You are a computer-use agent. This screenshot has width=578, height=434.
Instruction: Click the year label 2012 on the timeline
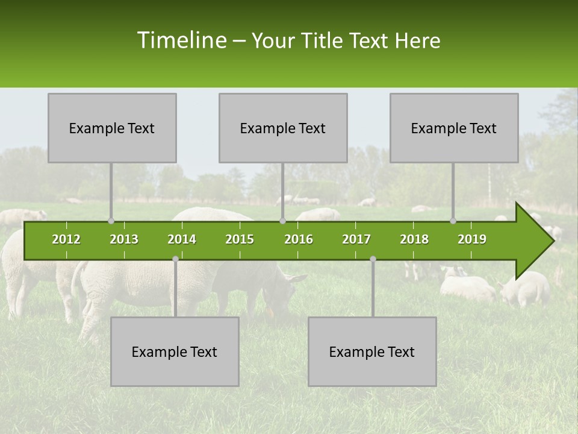(66, 239)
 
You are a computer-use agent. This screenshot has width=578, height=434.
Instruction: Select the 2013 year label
(124, 239)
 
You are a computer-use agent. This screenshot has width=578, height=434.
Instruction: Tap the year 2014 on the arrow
(182, 239)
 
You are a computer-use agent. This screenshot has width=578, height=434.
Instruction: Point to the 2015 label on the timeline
(240, 239)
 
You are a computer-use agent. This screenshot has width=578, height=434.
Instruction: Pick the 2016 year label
(299, 239)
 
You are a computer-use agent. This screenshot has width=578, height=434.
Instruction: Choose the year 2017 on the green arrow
(356, 239)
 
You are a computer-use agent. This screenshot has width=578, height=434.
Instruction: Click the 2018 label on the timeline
(414, 239)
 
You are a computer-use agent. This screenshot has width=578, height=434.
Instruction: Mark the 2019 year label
(472, 239)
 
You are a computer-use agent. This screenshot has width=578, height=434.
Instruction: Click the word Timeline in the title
(181, 40)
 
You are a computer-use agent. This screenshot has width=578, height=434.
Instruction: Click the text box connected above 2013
(112, 128)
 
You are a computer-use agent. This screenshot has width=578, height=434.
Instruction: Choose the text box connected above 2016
(283, 128)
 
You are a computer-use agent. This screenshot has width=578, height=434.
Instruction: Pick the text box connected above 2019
(454, 128)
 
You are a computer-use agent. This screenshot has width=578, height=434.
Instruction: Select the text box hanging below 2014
(175, 351)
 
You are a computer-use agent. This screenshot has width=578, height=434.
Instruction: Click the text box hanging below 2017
(372, 351)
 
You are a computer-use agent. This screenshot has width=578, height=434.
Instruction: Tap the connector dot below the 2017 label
(373, 259)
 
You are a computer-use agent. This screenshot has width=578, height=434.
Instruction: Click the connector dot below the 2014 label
(175, 259)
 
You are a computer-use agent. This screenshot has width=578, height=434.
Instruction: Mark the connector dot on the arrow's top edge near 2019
(453, 221)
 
